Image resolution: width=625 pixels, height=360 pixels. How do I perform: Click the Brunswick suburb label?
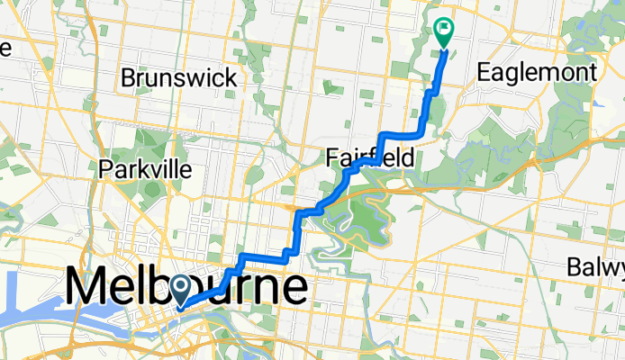(179, 77)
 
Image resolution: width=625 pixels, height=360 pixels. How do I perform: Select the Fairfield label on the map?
(369, 159)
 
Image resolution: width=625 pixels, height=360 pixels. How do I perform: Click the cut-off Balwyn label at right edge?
(597, 267)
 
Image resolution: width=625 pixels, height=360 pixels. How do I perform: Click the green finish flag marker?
(444, 31)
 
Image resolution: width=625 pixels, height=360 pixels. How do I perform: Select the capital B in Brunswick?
(129, 77)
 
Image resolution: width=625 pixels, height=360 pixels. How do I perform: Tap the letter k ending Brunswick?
(231, 77)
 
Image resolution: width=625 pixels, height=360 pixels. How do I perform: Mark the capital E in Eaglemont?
(484, 72)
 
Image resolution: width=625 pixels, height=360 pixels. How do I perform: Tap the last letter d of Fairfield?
(409, 159)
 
